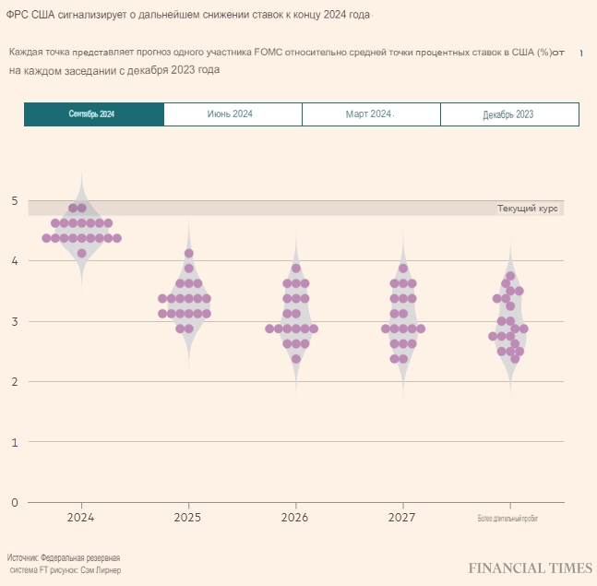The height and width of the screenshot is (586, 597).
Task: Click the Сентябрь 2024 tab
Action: coord(93,114)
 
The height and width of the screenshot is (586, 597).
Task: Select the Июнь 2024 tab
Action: coord(232,114)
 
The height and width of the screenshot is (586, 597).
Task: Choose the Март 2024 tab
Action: coord(370,114)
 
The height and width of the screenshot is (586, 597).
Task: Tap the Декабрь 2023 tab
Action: coord(508,114)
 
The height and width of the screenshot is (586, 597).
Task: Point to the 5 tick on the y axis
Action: coord(14,200)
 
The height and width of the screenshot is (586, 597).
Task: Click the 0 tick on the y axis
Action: coord(14,502)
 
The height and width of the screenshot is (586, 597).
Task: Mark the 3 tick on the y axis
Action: coord(14,321)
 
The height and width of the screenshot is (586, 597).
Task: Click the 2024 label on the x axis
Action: coord(81,519)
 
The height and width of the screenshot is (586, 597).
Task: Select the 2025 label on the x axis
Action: coord(188,519)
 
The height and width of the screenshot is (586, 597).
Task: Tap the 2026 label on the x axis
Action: coord(295,519)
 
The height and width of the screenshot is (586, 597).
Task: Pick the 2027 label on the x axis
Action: coord(402,519)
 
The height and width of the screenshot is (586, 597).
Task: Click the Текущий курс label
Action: coord(528,209)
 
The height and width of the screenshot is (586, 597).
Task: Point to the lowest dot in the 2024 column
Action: coord(82,253)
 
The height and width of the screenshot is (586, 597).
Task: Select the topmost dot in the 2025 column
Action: coord(189,253)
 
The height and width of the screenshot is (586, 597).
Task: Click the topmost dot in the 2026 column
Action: coord(296,269)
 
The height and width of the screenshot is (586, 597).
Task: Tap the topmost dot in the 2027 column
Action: coord(403,269)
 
